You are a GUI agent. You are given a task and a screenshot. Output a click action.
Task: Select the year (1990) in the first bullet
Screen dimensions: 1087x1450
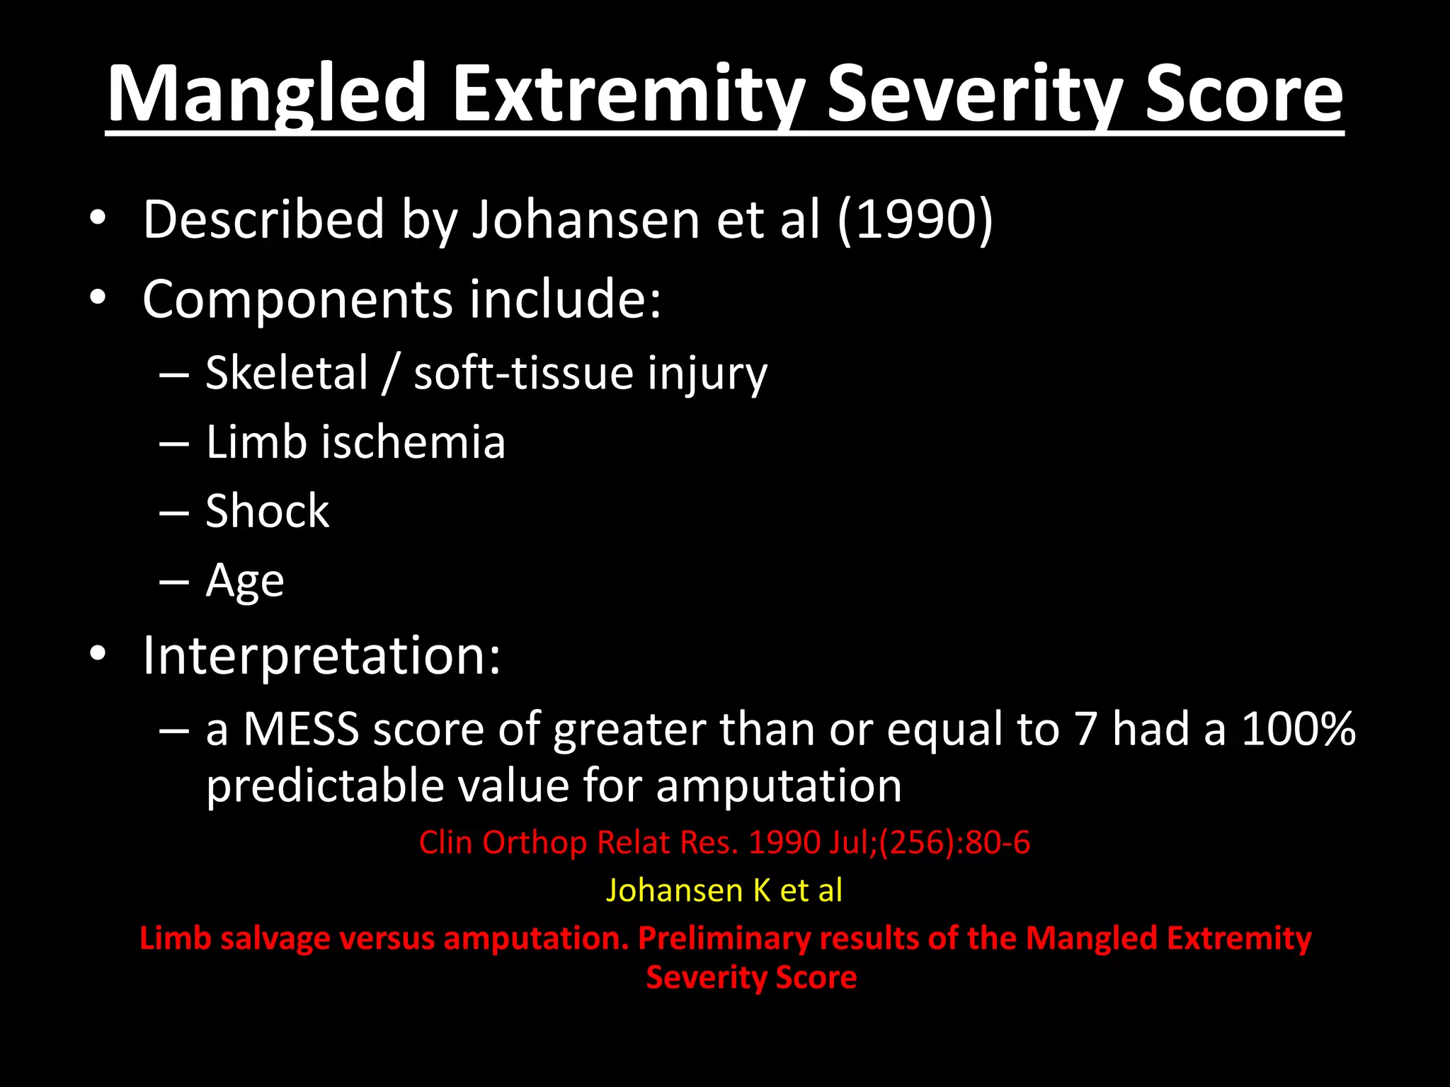[x=915, y=219]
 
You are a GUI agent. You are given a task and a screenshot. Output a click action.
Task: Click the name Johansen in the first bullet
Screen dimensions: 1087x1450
[x=586, y=219]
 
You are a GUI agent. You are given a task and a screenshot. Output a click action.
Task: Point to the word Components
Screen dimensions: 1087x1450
[x=297, y=299]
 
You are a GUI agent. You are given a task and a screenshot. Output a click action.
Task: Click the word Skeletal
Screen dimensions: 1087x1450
[x=287, y=373]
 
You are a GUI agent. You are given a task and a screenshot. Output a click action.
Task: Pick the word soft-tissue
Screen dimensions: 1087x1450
[x=523, y=373]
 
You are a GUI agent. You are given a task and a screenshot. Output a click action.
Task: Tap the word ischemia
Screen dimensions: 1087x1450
[x=413, y=442]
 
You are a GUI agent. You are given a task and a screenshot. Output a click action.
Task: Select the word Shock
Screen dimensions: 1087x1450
[x=267, y=511]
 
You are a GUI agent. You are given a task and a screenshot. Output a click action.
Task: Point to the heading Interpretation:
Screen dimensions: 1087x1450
[x=321, y=655]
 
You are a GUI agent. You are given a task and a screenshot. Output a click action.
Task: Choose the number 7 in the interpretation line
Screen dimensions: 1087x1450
[x=1085, y=729]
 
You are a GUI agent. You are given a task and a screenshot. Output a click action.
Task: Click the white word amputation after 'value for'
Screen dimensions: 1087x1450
[x=779, y=786]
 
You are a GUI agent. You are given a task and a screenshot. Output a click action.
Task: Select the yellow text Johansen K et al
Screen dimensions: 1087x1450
[x=724, y=890]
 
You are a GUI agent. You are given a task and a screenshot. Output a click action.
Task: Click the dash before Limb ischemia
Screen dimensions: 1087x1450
[x=174, y=444]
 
